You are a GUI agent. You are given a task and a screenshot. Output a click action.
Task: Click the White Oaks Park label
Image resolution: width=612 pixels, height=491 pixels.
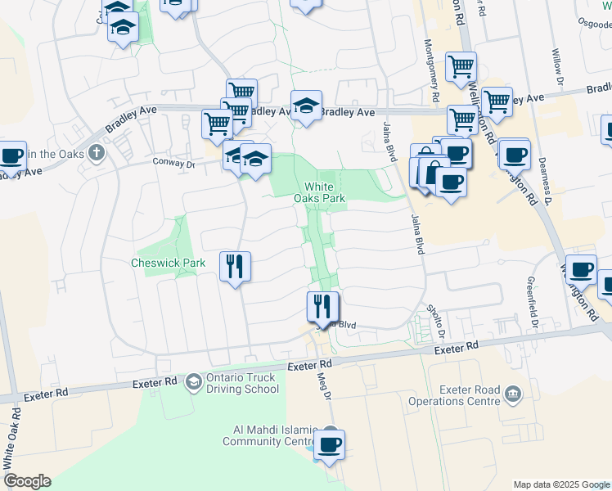(x=320, y=192)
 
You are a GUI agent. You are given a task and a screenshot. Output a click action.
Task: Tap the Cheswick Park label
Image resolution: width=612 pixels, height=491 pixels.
(x=168, y=263)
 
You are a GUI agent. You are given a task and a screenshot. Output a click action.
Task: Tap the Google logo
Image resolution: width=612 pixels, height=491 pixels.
(x=26, y=481)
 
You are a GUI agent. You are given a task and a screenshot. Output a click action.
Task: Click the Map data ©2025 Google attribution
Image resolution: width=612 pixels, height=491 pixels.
(x=560, y=484)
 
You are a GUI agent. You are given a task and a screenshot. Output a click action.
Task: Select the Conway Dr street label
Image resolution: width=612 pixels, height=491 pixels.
(x=175, y=164)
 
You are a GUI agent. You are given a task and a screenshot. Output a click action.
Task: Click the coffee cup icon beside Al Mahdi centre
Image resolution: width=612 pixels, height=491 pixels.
(x=329, y=445)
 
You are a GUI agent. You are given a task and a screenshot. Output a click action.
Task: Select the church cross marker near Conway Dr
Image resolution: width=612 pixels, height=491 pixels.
(x=97, y=151)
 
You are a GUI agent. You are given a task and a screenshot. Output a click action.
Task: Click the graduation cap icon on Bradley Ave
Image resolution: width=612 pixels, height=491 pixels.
(x=306, y=105)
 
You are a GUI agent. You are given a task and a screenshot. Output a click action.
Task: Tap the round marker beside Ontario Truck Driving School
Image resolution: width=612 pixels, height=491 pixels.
(x=194, y=382)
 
